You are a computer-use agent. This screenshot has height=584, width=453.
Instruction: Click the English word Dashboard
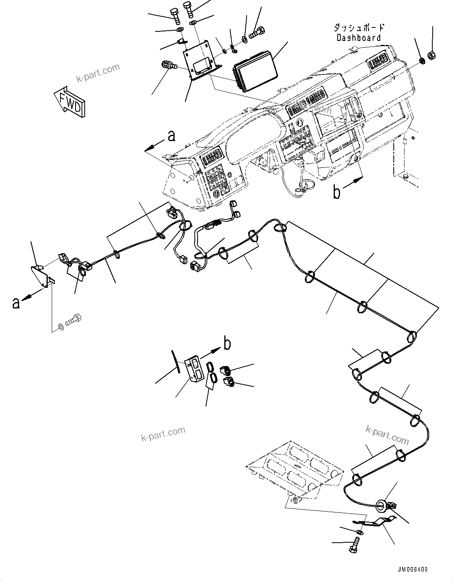359,38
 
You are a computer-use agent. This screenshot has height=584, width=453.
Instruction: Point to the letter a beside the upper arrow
171,136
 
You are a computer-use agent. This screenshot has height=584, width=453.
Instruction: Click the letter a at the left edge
16,303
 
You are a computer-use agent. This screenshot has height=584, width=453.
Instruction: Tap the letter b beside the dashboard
337,193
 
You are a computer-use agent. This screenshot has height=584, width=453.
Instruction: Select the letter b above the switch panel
227,343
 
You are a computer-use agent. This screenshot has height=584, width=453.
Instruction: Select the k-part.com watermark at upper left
98,73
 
